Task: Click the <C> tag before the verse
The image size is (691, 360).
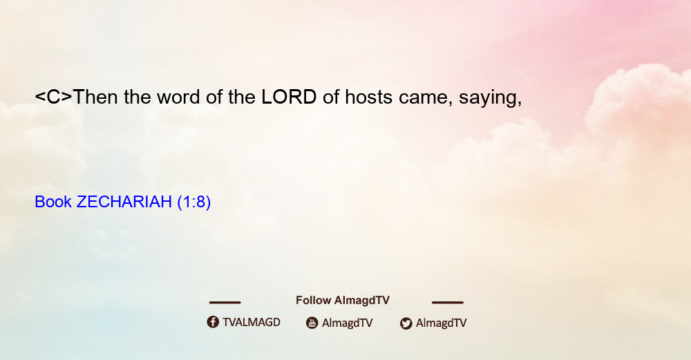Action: tap(53, 97)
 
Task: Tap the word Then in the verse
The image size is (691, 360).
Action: tap(95, 97)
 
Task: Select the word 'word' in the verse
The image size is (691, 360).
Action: tap(178, 97)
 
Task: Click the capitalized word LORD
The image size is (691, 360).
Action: tap(289, 97)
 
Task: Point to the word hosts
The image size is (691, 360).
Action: tap(368, 97)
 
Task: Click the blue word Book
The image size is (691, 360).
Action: tap(53, 202)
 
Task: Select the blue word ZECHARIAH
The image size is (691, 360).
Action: tap(124, 202)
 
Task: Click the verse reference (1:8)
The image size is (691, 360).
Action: tap(194, 202)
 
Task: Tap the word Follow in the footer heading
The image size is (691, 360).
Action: tap(313, 300)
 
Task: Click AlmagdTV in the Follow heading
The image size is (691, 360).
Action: tap(362, 301)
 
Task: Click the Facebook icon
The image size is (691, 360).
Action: tap(213, 322)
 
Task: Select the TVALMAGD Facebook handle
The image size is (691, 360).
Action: tap(252, 323)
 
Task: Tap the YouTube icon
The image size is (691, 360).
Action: tap(312, 323)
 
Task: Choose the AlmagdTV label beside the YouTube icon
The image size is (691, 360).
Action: tap(348, 323)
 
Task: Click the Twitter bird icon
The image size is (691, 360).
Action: tap(406, 323)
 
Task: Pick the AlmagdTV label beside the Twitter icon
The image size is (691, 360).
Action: tap(441, 323)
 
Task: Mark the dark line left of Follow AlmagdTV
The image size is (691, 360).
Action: tap(225, 303)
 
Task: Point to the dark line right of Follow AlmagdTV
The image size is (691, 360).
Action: tap(448, 303)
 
